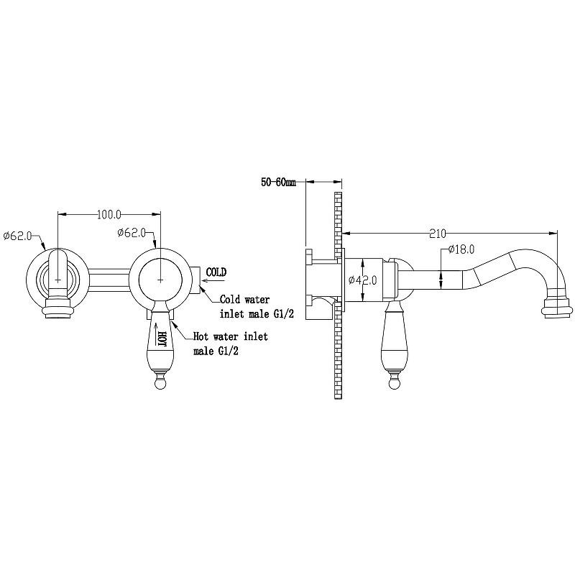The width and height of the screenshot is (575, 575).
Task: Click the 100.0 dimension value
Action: click(109, 214)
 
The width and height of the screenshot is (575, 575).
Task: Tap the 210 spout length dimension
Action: click(438, 234)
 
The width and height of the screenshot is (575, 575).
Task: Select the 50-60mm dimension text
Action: click(278, 182)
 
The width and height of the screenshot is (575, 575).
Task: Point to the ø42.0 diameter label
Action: click(362, 280)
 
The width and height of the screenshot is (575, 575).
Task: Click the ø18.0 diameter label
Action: click(461, 249)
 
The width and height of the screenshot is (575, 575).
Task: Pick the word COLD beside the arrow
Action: click(216, 272)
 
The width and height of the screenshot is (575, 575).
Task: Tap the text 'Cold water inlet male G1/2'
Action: click(257, 307)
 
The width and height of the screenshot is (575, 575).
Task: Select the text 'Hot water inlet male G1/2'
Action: click(230, 344)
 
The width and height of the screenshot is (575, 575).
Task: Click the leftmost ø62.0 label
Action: click(17, 236)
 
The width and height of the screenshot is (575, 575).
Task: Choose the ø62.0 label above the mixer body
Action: click(132, 232)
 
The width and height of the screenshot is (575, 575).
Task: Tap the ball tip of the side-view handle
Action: click(395, 384)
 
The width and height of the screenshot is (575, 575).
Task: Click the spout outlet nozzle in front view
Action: click(58, 308)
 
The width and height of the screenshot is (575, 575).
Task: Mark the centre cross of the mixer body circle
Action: click(160, 280)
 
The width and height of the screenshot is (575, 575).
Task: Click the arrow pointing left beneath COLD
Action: click(213, 281)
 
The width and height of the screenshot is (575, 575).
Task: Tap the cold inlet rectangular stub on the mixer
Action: click(195, 280)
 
